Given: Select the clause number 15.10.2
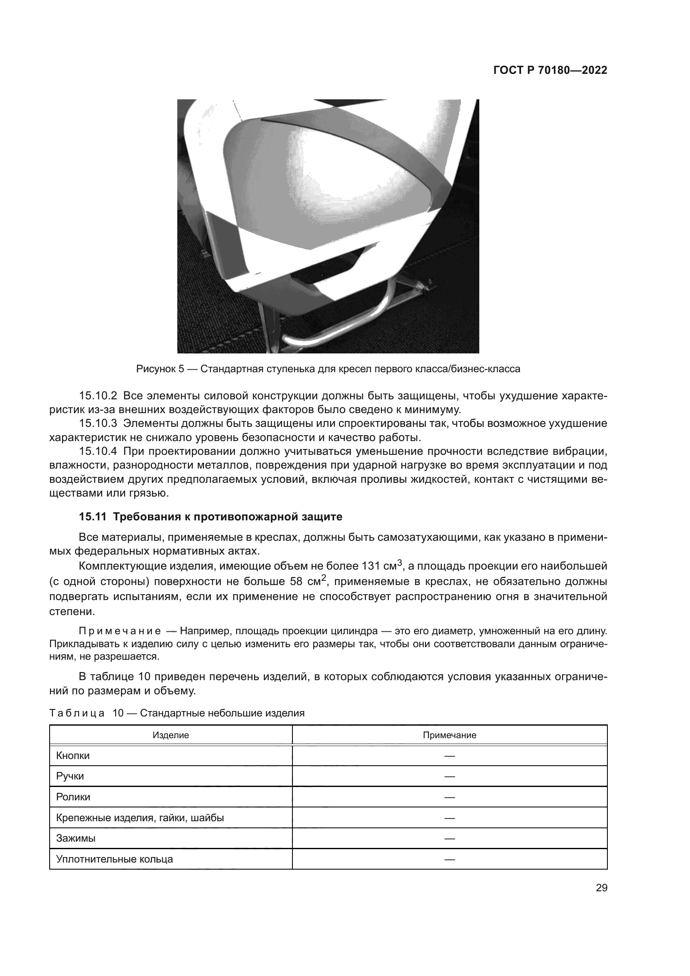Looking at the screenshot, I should [98, 396].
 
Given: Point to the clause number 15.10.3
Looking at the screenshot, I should [98, 424].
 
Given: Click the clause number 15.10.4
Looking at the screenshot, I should [98, 451].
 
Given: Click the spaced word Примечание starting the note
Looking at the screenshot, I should [120, 630].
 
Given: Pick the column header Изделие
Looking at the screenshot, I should [171, 735].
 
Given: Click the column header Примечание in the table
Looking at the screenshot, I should [450, 735].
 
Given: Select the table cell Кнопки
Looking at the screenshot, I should [73, 756].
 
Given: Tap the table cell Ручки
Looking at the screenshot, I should [70, 776].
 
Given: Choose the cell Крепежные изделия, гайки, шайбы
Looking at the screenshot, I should [140, 818].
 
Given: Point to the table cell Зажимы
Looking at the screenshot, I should [76, 838].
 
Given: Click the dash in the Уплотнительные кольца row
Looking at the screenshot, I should [450, 859].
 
